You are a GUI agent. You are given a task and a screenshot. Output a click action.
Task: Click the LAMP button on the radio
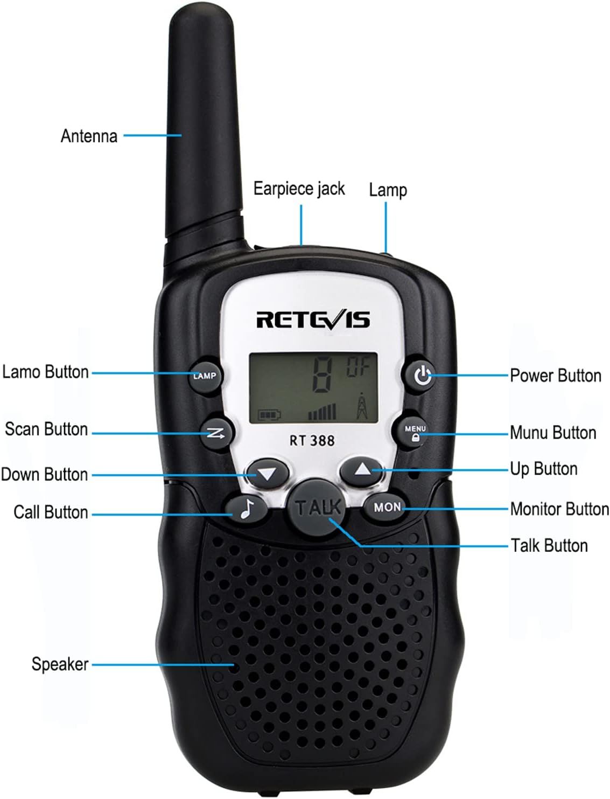(x=205, y=376)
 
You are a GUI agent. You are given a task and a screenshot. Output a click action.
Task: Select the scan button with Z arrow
(x=216, y=433)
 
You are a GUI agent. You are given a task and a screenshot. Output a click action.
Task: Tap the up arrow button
(x=362, y=471)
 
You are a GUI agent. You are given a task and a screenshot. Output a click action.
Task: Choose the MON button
(x=386, y=507)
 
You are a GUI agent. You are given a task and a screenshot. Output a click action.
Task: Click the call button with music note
(x=246, y=508)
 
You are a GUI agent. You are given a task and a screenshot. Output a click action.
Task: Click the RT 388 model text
(x=312, y=441)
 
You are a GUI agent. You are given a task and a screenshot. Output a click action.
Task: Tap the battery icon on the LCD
(x=269, y=415)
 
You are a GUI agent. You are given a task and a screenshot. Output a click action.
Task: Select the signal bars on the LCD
(x=322, y=411)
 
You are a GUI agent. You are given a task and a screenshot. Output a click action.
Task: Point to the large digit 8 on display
(x=322, y=376)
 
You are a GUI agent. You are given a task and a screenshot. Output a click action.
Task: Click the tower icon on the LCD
(x=361, y=406)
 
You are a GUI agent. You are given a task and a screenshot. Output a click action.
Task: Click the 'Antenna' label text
(x=89, y=136)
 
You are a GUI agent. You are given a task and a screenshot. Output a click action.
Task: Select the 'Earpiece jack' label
(x=299, y=189)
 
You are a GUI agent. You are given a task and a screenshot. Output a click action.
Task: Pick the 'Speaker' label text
(x=60, y=664)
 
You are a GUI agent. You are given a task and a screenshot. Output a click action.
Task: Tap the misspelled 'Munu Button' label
(x=553, y=433)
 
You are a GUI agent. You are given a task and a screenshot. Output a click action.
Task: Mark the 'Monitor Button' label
(x=559, y=509)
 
